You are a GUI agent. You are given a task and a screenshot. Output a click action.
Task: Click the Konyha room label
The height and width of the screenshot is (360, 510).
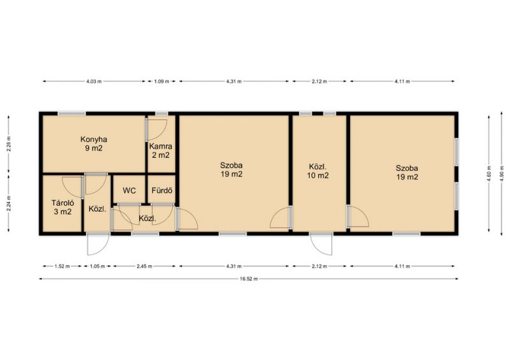click(x=94, y=144)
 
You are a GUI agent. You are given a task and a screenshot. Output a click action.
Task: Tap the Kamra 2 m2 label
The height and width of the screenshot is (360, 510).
click(x=161, y=151)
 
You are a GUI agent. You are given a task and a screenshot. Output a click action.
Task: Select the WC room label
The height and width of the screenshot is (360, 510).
click(x=129, y=191)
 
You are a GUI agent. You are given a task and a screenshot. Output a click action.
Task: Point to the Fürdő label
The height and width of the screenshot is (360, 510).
click(x=162, y=191)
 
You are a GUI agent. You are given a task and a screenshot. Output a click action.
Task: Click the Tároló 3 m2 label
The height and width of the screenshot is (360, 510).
click(x=62, y=208)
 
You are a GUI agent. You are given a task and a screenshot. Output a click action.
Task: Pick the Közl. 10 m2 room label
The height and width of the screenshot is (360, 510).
click(x=317, y=171)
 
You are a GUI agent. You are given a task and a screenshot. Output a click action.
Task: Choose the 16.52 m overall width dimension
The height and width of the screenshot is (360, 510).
click(x=249, y=278)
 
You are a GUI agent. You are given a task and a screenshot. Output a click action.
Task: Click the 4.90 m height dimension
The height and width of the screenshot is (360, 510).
click(x=502, y=173)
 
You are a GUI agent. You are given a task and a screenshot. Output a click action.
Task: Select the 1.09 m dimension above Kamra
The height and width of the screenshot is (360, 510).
click(x=162, y=82)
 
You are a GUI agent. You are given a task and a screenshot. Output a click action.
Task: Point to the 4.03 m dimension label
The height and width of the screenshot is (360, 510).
click(x=94, y=82)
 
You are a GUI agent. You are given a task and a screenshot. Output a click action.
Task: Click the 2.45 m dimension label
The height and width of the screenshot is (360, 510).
click(x=144, y=266)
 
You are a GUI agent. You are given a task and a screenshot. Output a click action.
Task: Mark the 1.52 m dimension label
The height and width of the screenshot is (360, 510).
click(x=62, y=266)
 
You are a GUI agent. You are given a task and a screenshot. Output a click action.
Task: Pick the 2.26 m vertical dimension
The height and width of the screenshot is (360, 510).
click(x=8, y=144)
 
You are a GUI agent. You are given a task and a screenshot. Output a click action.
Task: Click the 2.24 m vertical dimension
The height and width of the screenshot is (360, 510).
click(x=8, y=204)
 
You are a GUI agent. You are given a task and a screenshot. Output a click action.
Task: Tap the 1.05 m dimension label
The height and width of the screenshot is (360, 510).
click(x=97, y=266)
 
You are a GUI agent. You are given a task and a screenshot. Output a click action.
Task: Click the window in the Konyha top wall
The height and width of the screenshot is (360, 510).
click(x=72, y=113)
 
